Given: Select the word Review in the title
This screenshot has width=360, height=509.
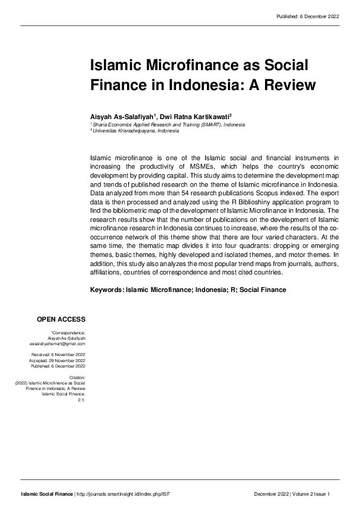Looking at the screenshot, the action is pyautogui.click(x=289, y=85).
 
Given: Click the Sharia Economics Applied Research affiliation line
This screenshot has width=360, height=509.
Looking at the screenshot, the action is pyautogui.click(x=168, y=124).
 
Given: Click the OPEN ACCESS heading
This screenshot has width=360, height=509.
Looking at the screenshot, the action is pyautogui.click(x=61, y=319).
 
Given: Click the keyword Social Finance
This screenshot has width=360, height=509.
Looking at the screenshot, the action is pyautogui.click(x=263, y=290).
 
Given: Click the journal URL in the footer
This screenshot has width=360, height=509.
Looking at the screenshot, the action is pyautogui.click(x=128, y=495).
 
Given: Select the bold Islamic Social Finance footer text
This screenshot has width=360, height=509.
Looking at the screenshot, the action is pyautogui.click(x=47, y=495).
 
